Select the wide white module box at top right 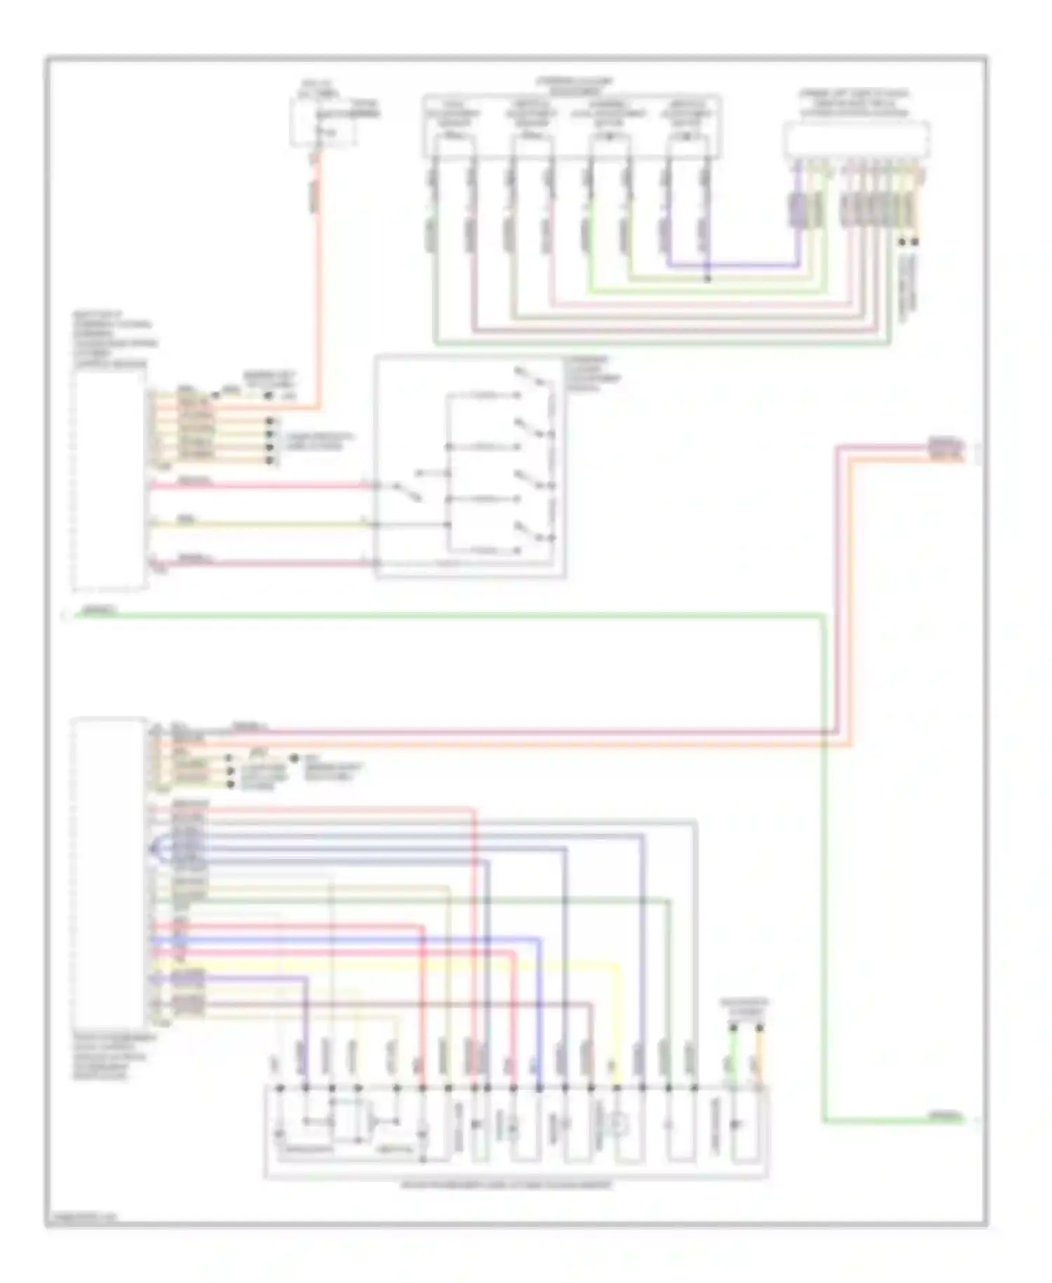[x=856, y=139]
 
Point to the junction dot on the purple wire [x=707, y=279]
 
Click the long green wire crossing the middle [x=449, y=616]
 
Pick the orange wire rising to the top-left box [x=317, y=281]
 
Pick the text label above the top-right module [x=854, y=102]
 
